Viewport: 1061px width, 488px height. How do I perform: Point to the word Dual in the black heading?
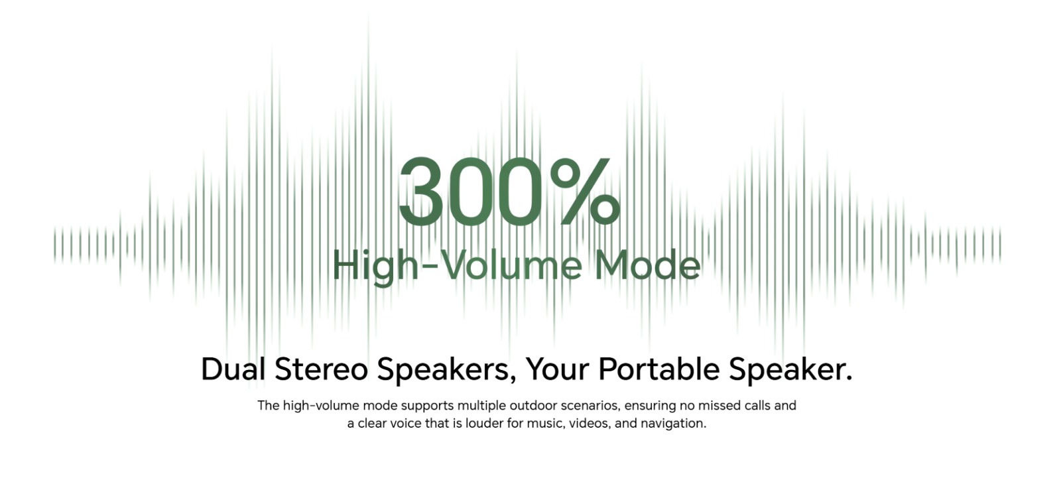(x=233, y=369)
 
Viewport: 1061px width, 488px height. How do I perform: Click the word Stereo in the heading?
(x=321, y=369)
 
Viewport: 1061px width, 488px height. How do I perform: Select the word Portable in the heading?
(x=659, y=369)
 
